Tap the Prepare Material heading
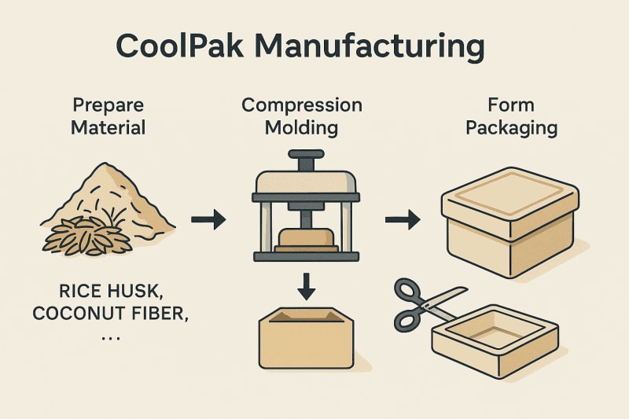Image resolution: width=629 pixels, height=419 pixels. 108,115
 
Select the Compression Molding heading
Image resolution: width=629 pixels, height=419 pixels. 302,115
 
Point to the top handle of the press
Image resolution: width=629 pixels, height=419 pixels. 306,156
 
